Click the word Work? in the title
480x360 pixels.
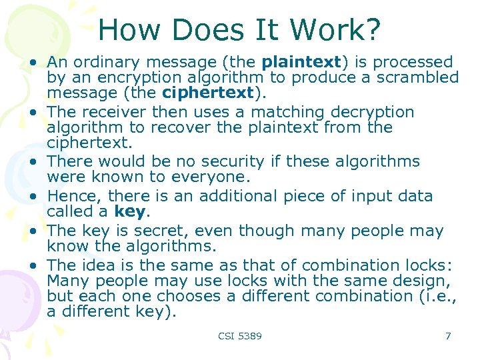[x=345, y=30]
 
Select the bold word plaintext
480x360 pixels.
[x=301, y=62]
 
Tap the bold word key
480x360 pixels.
[x=129, y=211]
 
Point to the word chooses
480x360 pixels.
[x=175, y=296]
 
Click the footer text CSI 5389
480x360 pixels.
[x=240, y=336]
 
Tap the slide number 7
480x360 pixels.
[x=448, y=336]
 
